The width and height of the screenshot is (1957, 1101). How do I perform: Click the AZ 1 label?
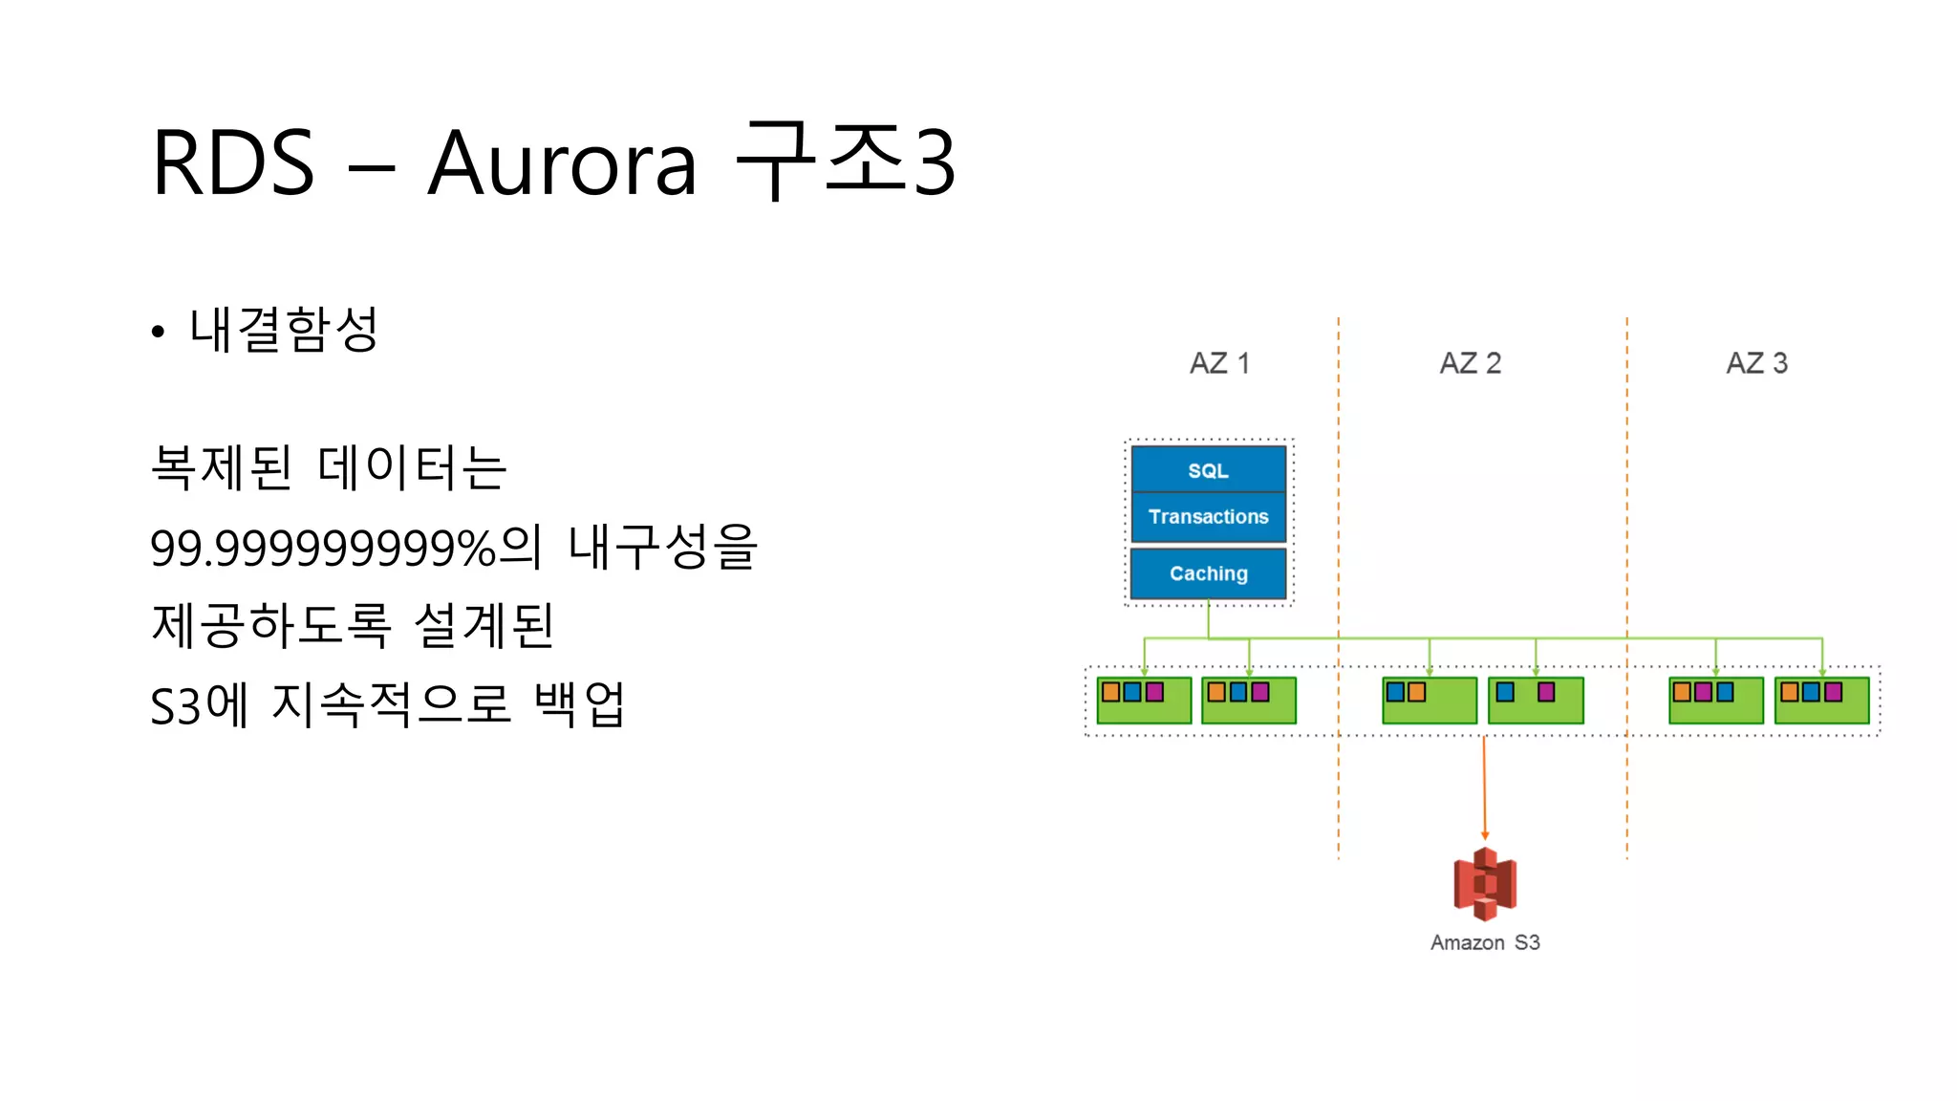(1218, 363)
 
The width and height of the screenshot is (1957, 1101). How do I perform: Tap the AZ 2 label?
(1470, 363)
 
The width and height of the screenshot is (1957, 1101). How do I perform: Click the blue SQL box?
(1208, 470)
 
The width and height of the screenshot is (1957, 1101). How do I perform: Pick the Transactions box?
(1208, 517)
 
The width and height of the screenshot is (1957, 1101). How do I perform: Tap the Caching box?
(1208, 573)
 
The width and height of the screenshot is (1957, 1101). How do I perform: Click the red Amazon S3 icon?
(1484, 884)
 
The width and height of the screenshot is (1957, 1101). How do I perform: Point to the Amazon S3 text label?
(1484, 942)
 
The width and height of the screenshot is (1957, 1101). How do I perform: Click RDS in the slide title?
(233, 164)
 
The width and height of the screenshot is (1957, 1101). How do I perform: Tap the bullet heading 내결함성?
(284, 330)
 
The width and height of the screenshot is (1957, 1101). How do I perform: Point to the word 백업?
(579, 705)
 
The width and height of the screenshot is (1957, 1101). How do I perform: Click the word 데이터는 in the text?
(412, 468)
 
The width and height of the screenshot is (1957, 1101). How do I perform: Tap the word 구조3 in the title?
(845, 162)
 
